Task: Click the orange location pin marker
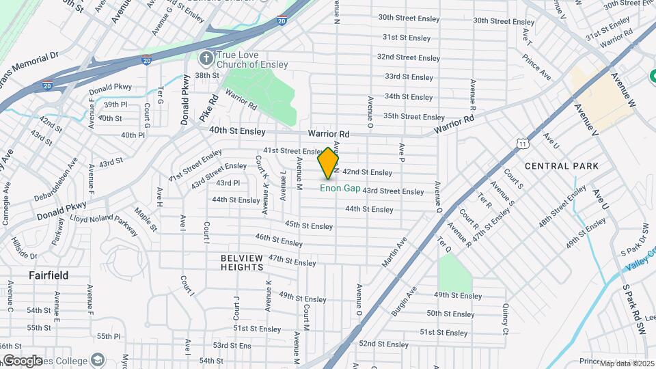pos(329,163)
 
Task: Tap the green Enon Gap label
pos(340,188)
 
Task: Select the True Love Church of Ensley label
pos(251,59)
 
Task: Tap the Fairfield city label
pos(49,275)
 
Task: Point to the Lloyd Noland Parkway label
pos(107,219)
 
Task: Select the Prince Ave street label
pos(536,65)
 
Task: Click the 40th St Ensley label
pos(236,129)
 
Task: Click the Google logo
pos(22,361)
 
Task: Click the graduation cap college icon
pos(98,360)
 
